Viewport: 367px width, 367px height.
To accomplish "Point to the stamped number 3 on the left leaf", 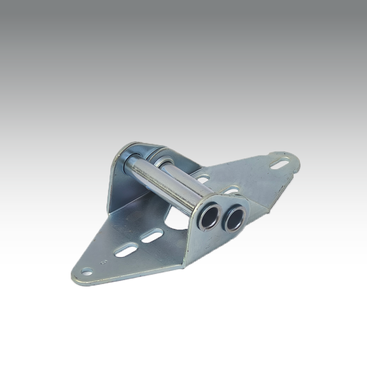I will pyautogui.click(x=103, y=261).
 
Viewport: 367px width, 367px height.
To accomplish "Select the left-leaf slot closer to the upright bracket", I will pyautogui.click(x=152, y=236).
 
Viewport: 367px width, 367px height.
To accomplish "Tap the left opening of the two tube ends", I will pyautogui.click(x=210, y=216).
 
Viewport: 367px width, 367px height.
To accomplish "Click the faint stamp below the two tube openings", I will pyautogui.click(x=208, y=245).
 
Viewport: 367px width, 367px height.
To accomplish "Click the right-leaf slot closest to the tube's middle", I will pyautogui.click(x=202, y=178).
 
